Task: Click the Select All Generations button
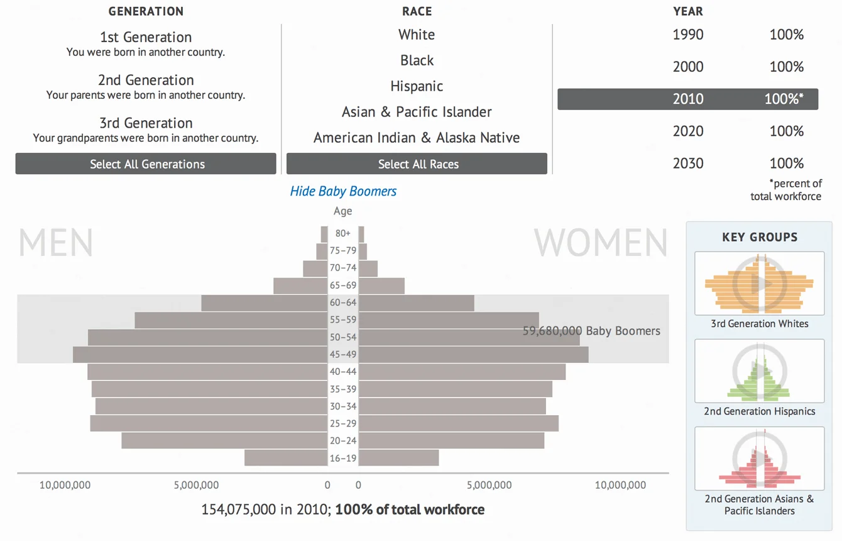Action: pyautogui.click(x=146, y=164)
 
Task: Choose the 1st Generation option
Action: pyautogui.click(x=146, y=38)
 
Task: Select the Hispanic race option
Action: pyautogui.click(x=417, y=86)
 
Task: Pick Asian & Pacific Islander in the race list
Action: pyautogui.click(x=417, y=112)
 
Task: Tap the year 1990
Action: pyautogui.click(x=688, y=35)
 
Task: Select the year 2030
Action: pyautogui.click(x=688, y=164)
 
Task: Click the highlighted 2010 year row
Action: pyautogui.click(x=687, y=99)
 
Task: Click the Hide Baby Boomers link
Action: pyautogui.click(x=343, y=191)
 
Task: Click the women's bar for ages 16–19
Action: pyautogui.click(x=398, y=458)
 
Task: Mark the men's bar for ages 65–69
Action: pyautogui.click(x=300, y=286)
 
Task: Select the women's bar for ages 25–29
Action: pyautogui.click(x=458, y=423)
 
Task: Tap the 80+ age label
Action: pyautogui.click(x=343, y=233)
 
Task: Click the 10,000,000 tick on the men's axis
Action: pyautogui.click(x=65, y=485)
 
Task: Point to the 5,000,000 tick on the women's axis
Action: pyautogui.click(x=489, y=485)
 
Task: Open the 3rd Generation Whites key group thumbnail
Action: pyautogui.click(x=759, y=284)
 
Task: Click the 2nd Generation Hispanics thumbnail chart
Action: pyautogui.click(x=759, y=371)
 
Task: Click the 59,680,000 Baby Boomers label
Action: pyautogui.click(x=591, y=331)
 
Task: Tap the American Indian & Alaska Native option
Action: pyautogui.click(x=417, y=138)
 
